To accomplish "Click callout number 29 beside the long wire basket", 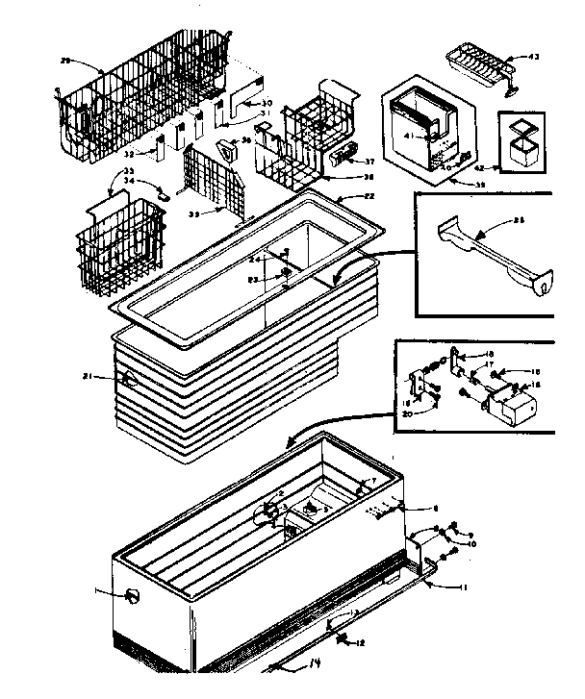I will click(x=65, y=60).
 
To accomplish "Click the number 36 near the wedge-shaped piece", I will click(x=247, y=142).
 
